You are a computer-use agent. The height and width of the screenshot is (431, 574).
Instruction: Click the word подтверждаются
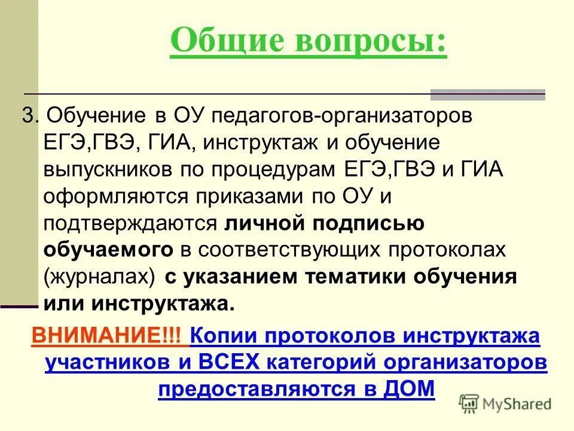tap(129, 223)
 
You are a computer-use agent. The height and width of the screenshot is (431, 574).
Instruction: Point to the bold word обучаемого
tap(108, 250)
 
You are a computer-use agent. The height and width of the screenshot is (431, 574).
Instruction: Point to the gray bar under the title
tap(488, 94)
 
